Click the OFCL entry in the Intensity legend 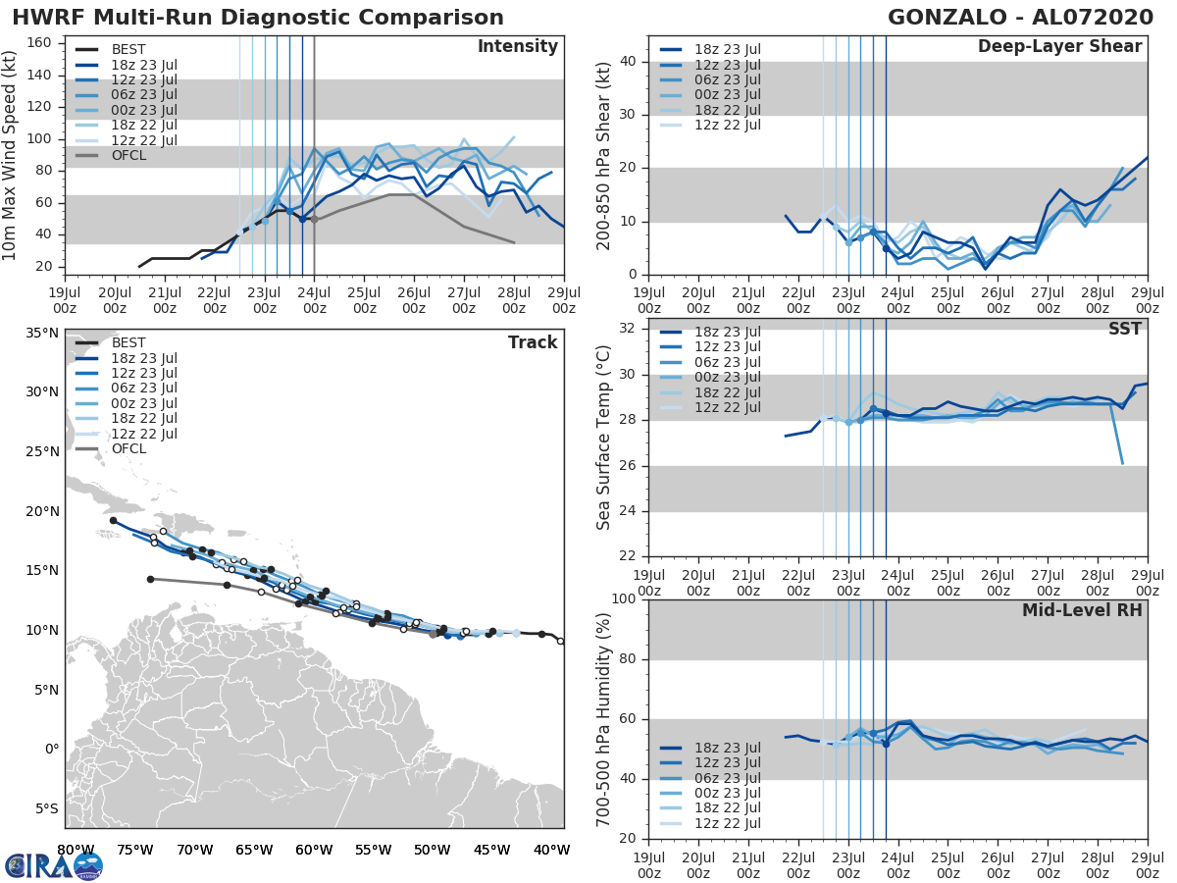128,155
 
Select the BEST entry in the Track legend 128,342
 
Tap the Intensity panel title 517,47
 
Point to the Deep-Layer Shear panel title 1059,47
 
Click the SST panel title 1124,329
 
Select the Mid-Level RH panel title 1082,610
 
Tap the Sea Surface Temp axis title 603,438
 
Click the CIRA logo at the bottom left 54,865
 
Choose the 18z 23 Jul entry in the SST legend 726,332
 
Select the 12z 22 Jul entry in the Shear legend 726,125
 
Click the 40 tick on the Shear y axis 628,62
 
